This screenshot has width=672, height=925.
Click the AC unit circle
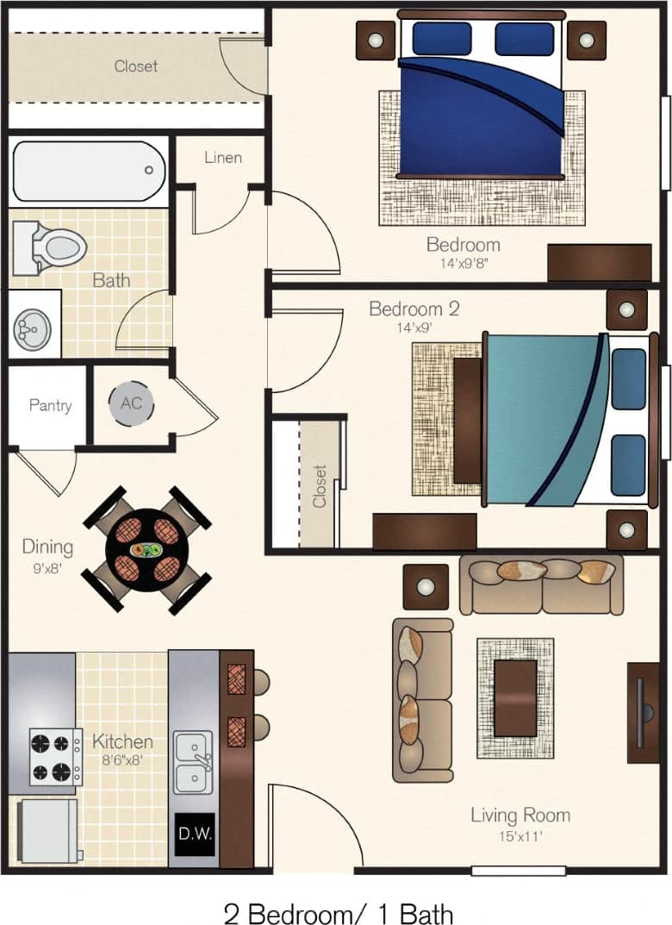tap(131, 403)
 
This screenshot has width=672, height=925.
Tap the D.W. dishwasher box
tap(195, 834)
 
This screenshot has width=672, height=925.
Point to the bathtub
tap(88, 171)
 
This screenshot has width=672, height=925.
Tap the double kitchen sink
tap(194, 762)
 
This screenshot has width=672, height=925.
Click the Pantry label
tap(50, 405)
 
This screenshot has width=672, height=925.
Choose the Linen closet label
tap(222, 158)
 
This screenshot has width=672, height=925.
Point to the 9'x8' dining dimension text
tap(47, 568)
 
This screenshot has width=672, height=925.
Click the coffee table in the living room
tap(515, 698)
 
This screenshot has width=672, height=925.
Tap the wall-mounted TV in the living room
tap(642, 712)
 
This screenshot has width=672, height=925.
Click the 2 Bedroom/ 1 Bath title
tap(338, 913)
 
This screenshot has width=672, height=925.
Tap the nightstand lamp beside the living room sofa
tap(426, 587)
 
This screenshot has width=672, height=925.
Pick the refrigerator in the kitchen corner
tap(47, 831)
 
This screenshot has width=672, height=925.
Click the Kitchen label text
tap(122, 741)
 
